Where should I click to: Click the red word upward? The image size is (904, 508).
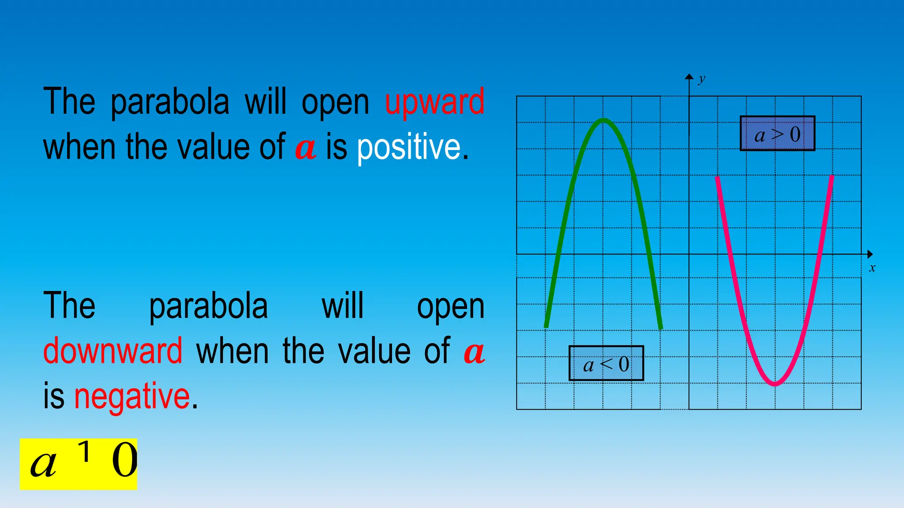coord(434,102)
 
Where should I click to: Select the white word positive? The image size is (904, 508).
coord(409,147)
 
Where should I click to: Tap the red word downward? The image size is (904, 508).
coord(113,351)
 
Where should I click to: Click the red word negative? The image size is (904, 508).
coord(132,396)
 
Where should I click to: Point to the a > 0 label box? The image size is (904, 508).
coord(777,134)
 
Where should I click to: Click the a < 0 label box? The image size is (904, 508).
coord(606,363)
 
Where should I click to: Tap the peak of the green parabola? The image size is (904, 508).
coord(603,120)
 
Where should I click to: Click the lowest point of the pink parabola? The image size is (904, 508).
coord(775,385)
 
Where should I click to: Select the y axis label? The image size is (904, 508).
coord(701,79)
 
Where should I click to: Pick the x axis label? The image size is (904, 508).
coord(872,268)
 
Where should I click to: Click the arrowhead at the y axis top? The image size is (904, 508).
coord(689,77)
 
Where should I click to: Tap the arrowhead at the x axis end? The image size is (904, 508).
coord(870,254)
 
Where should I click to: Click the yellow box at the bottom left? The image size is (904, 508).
coord(79,464)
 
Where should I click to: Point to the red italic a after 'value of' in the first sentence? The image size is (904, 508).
coord(305,148)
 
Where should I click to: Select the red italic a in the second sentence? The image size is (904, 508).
coord(474,352)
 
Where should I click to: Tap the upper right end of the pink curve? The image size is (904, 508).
coord(832,177)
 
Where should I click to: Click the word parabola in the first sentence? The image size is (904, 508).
coord(170,102)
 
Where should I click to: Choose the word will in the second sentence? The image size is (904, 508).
coord(343,306)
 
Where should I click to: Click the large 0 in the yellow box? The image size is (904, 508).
coord(124,461)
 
